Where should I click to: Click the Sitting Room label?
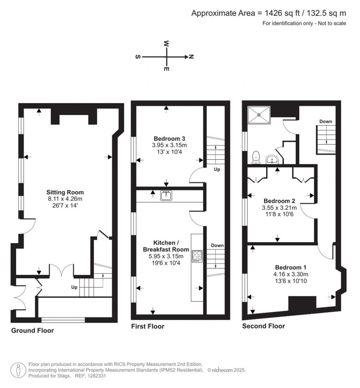(x=65, y=192)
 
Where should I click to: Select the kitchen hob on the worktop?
(x=197, y=256)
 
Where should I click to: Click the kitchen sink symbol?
(x=166, y=195)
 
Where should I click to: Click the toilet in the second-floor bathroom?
(x=256, y=157)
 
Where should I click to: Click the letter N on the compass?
(x=191, y=57)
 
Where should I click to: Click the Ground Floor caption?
(x=33, y=330)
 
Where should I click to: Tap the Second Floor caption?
(x=263, y=326)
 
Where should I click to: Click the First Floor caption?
(x=148, y=326)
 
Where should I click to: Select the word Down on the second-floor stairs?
(x=326, y=121)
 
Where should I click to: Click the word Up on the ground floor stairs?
(x=74, y=287)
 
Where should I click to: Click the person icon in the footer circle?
(x=18, y=370)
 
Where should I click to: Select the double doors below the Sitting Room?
(x=62, y=270)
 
